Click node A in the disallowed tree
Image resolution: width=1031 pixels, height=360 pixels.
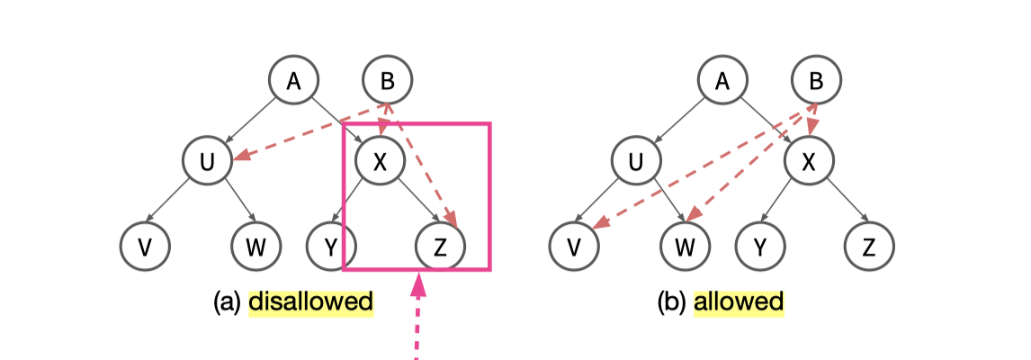[293, 81]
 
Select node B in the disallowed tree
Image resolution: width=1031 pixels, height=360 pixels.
[387, 81]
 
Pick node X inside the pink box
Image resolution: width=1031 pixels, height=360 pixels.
[381, 162]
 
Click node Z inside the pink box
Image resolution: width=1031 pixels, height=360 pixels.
[441, 245]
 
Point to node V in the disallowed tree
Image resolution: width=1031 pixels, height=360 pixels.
[146, 245]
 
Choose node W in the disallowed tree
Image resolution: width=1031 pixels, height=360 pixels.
[256, 245]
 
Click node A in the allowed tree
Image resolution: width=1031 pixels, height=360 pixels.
[722, 81]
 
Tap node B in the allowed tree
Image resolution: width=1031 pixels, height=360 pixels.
[817, 81]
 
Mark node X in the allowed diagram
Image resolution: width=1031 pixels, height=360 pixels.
[809, 162]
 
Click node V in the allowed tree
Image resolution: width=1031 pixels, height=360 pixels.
[574, 245]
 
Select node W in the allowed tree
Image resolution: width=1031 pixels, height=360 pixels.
[686, 245]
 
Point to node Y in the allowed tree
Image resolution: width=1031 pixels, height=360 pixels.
[759, 245]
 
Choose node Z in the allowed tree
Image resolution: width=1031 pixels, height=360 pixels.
[870, 245]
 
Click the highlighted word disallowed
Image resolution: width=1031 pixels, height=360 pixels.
[310, 301]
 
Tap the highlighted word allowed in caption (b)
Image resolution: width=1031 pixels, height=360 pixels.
[739, 301]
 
